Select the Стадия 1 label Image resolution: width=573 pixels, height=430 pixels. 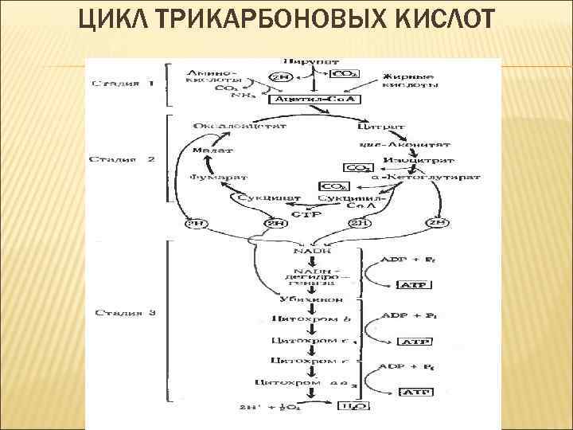point(123,82)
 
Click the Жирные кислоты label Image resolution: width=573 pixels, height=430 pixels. point(408,77)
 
